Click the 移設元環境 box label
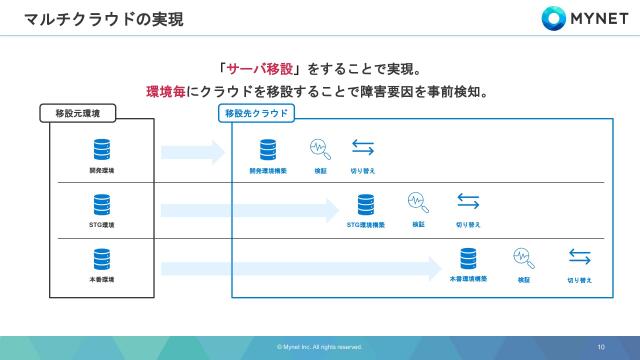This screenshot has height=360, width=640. pyautogui.click(x=85, y=113)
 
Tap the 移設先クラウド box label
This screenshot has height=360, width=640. pyautogui.click(x=257, y=113)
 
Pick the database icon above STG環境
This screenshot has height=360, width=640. pyautogui.click(x=101, y=205)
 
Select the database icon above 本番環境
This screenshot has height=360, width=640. pyautogui.click(x=101, y=260)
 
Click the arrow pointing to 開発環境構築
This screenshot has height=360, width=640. pyautogui.click(x=194, y=152)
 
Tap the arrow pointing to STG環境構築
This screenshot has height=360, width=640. pyautogui.click(x=250, y=210)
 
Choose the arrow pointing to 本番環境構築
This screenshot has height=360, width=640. pyautogui.click(x=301, y=268)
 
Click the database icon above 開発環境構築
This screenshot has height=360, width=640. pyautogui.click(x=268, y=150)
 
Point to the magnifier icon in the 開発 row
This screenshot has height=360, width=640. pyautogui.click(x=320, y=149)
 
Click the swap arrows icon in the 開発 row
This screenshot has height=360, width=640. pyautogui.click(x=362, y=149)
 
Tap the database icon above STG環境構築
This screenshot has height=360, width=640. pyautogui.click(x=366, y=204)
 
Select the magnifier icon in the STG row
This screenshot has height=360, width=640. pyautogui.click(x=418, y=202)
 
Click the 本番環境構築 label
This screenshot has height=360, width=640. pyautogui.click(x=469, y=280)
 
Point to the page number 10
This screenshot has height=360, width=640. pyautogui.click(x=601, y=347)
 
